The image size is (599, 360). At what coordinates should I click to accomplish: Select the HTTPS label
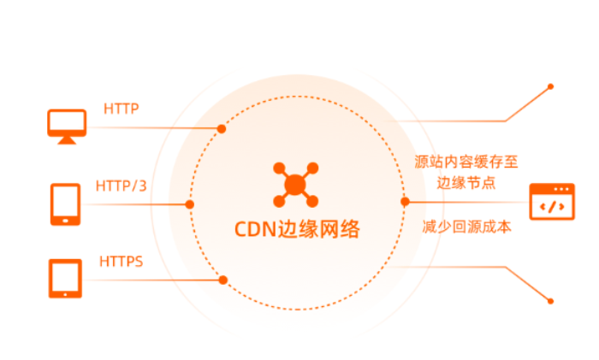(x=122, y=259)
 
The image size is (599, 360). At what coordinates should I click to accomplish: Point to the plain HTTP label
(x=122, y=109)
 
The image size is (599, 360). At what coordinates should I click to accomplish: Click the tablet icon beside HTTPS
(x=65, y=278)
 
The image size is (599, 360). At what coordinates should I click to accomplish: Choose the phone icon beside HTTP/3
(x=66, y=204)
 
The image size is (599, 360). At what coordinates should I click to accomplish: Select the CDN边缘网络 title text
(x=297, y=230)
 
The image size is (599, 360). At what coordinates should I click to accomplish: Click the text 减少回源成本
(x=466, y=227)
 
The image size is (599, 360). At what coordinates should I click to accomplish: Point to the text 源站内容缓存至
(x=466, y=160)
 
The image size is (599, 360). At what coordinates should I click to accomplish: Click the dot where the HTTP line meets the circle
(x=222, y=129)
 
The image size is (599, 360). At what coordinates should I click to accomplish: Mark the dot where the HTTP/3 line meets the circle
(x=190, y=204)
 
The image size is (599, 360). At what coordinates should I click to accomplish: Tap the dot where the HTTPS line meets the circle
(x=222, y=279)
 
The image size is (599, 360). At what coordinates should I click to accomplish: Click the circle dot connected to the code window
(x=405, y=202)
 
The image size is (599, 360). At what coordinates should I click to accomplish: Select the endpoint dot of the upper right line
(x=550, y=86)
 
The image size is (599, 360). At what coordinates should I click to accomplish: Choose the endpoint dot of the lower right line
(x=550, y=300)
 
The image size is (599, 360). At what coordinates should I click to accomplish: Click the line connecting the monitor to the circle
(x=154, y=129)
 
